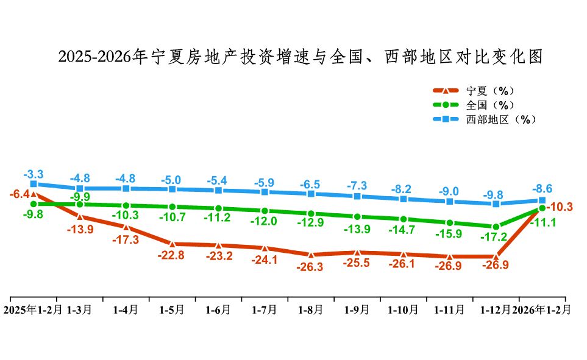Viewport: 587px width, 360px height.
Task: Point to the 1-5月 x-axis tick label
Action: point(172,309)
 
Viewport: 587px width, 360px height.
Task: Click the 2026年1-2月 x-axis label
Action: point(542,309)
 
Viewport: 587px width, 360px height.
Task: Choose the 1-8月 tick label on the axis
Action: point(311,309)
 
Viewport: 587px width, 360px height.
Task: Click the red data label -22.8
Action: point(172,256)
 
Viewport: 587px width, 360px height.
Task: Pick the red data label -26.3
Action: point(311,266)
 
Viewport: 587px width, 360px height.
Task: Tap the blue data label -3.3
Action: point(34,174)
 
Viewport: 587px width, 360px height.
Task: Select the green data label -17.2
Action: point(496,238)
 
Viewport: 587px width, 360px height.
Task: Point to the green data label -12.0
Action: point(265,222)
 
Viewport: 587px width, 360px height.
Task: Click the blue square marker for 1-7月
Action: point(265,192)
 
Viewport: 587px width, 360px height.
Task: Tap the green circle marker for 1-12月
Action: point(496,226)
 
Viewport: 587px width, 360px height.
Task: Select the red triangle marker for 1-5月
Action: point(172,244)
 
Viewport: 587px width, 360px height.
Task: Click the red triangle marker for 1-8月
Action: point(311,255)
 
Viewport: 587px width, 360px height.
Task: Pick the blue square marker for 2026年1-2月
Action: point(542,200)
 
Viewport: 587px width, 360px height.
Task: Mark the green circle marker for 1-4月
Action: point(126,205)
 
